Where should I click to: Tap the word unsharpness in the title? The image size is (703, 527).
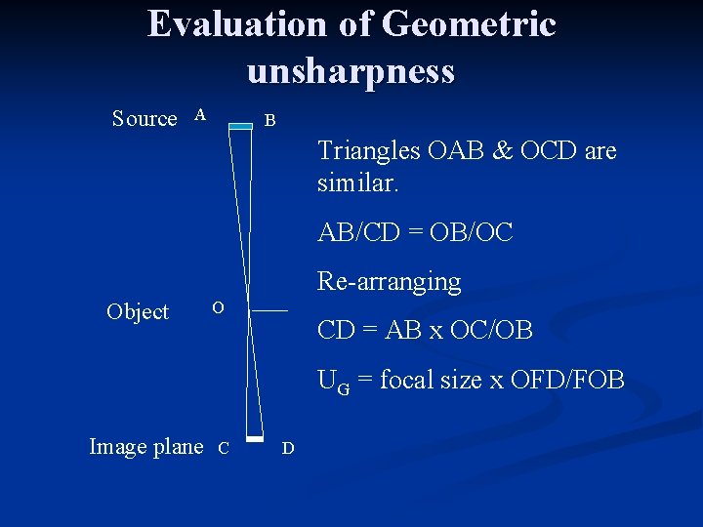[x=351, y=70]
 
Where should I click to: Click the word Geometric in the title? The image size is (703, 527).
[x=469, y=24]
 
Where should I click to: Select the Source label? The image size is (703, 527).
[x=145, y=119]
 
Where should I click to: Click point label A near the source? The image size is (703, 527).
[x=199, y=114]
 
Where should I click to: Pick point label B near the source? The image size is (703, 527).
[x=270, y=121]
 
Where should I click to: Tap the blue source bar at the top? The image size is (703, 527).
[x=240, y=126]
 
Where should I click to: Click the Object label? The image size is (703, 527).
[x=138, y=312]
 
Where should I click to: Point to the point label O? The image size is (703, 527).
[x=219, y=308]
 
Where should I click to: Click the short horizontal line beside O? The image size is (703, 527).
[x=269, y=309]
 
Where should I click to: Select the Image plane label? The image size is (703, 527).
[x=146, y=447]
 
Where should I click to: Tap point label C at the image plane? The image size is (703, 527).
[x=223, y=448]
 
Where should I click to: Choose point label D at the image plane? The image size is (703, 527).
[x=287, y=449]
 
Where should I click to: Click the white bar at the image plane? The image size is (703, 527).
[x=255, y=439]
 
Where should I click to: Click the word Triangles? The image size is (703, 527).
[x=370, y=151]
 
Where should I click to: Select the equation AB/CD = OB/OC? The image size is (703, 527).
[x=415, y=233]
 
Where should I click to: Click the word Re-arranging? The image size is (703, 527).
[x=389, y=282]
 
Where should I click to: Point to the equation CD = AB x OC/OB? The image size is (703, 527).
[x=425, y=331]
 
